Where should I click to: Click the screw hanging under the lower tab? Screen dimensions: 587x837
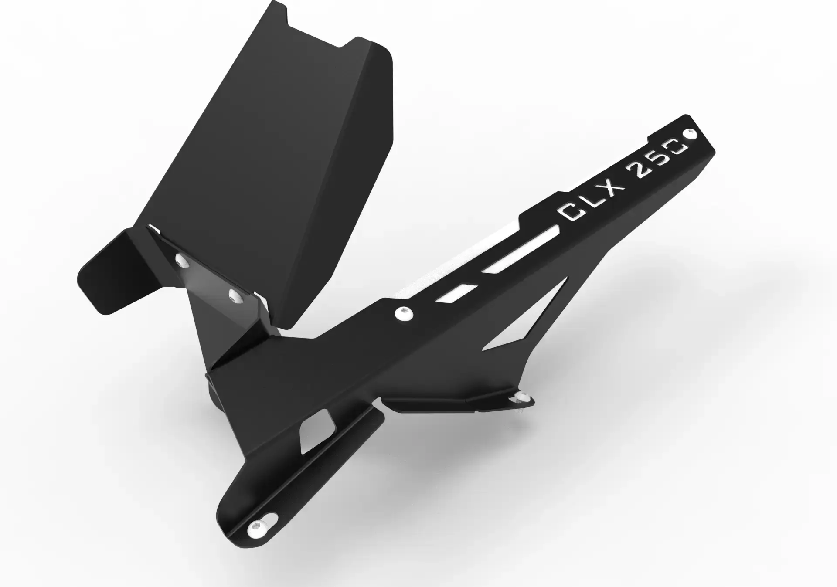(x=521, y=398)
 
